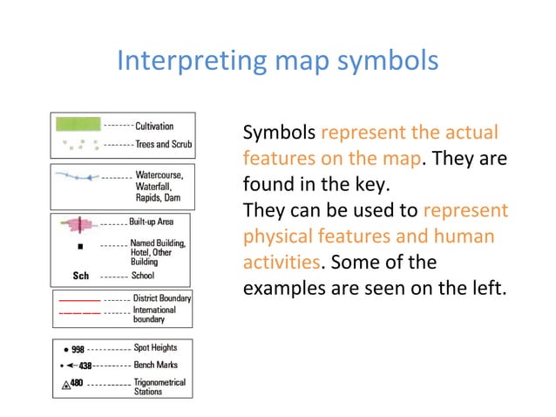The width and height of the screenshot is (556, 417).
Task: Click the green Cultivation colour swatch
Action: tap(78, 125)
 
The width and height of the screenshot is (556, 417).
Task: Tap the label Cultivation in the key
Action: tap(154, 126)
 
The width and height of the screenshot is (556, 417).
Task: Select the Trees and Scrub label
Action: tap(164, 144)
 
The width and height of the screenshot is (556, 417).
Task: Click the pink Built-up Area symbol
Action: tap(78, 225)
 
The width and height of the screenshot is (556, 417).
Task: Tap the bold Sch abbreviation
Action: tap(80, 276)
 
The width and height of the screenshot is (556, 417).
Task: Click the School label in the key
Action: tap(143, 276)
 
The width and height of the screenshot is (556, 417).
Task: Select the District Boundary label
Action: tap(163, 298)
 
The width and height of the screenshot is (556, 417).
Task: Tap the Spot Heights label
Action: tap(156, 347)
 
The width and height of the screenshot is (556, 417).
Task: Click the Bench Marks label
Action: tap(156, 365)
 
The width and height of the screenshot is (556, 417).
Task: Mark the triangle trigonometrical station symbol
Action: tap(65, 385)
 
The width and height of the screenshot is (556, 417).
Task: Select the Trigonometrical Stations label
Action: tap(159, 387)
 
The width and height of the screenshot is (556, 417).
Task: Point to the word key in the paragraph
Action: tap(377, 185)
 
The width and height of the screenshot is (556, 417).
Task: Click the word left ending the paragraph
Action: tap(488, 286)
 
